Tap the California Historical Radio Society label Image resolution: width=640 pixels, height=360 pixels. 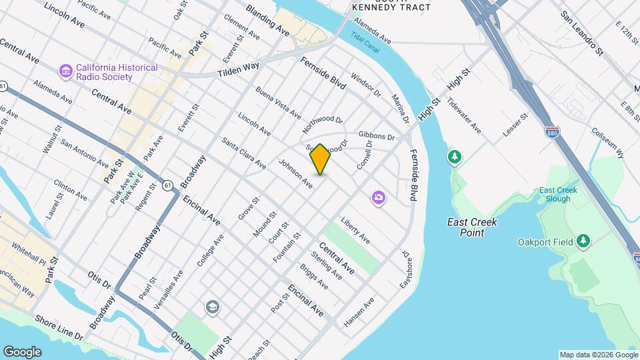117,72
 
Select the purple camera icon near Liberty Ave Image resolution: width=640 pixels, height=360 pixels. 379,198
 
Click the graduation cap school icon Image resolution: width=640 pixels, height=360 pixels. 213,307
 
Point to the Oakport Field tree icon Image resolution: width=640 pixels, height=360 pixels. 584,241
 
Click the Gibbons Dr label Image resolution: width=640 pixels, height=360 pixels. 377,135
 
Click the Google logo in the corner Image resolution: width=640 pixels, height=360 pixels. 22,352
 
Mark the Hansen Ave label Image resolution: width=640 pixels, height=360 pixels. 359,312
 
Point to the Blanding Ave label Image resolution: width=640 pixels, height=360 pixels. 267,20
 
